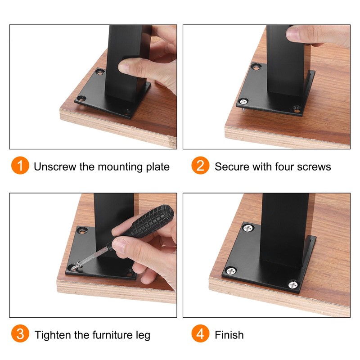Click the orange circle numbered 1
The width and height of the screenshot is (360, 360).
pyautogui.click(x=20, y=165)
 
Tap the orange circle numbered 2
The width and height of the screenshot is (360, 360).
pyautogui.click(x=200, y=165)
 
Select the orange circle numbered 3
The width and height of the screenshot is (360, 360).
pyautogui.click(x=20, y=333)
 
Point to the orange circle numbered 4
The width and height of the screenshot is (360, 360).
pyautogui.click(x=200, y=333)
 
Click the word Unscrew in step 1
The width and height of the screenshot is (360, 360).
pyautogui.click(x=55, y=166)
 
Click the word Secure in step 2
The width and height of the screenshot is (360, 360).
pyautogui.click(x=232, y=166)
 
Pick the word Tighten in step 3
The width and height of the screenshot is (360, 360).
pyautogui.click(x=53, y=335)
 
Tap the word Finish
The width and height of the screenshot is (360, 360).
pyautogui.click(x=229, y=335)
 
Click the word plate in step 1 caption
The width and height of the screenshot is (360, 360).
pyautogui.click(x=158, y=167)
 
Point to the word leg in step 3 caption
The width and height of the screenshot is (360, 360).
pyautogui.click(x=143, y=336)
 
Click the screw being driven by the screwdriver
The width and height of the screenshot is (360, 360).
pyautogui.click(x=76, y=267)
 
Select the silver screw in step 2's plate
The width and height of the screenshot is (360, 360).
pyautogui.click(x=243, y=101)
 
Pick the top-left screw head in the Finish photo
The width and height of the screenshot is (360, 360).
pyautogui.click(x=248, y=228)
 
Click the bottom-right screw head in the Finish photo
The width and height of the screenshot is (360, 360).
pyautogui.click(x=293, y=285)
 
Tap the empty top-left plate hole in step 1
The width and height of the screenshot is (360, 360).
pyautogui.click(x=100, y=72)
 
